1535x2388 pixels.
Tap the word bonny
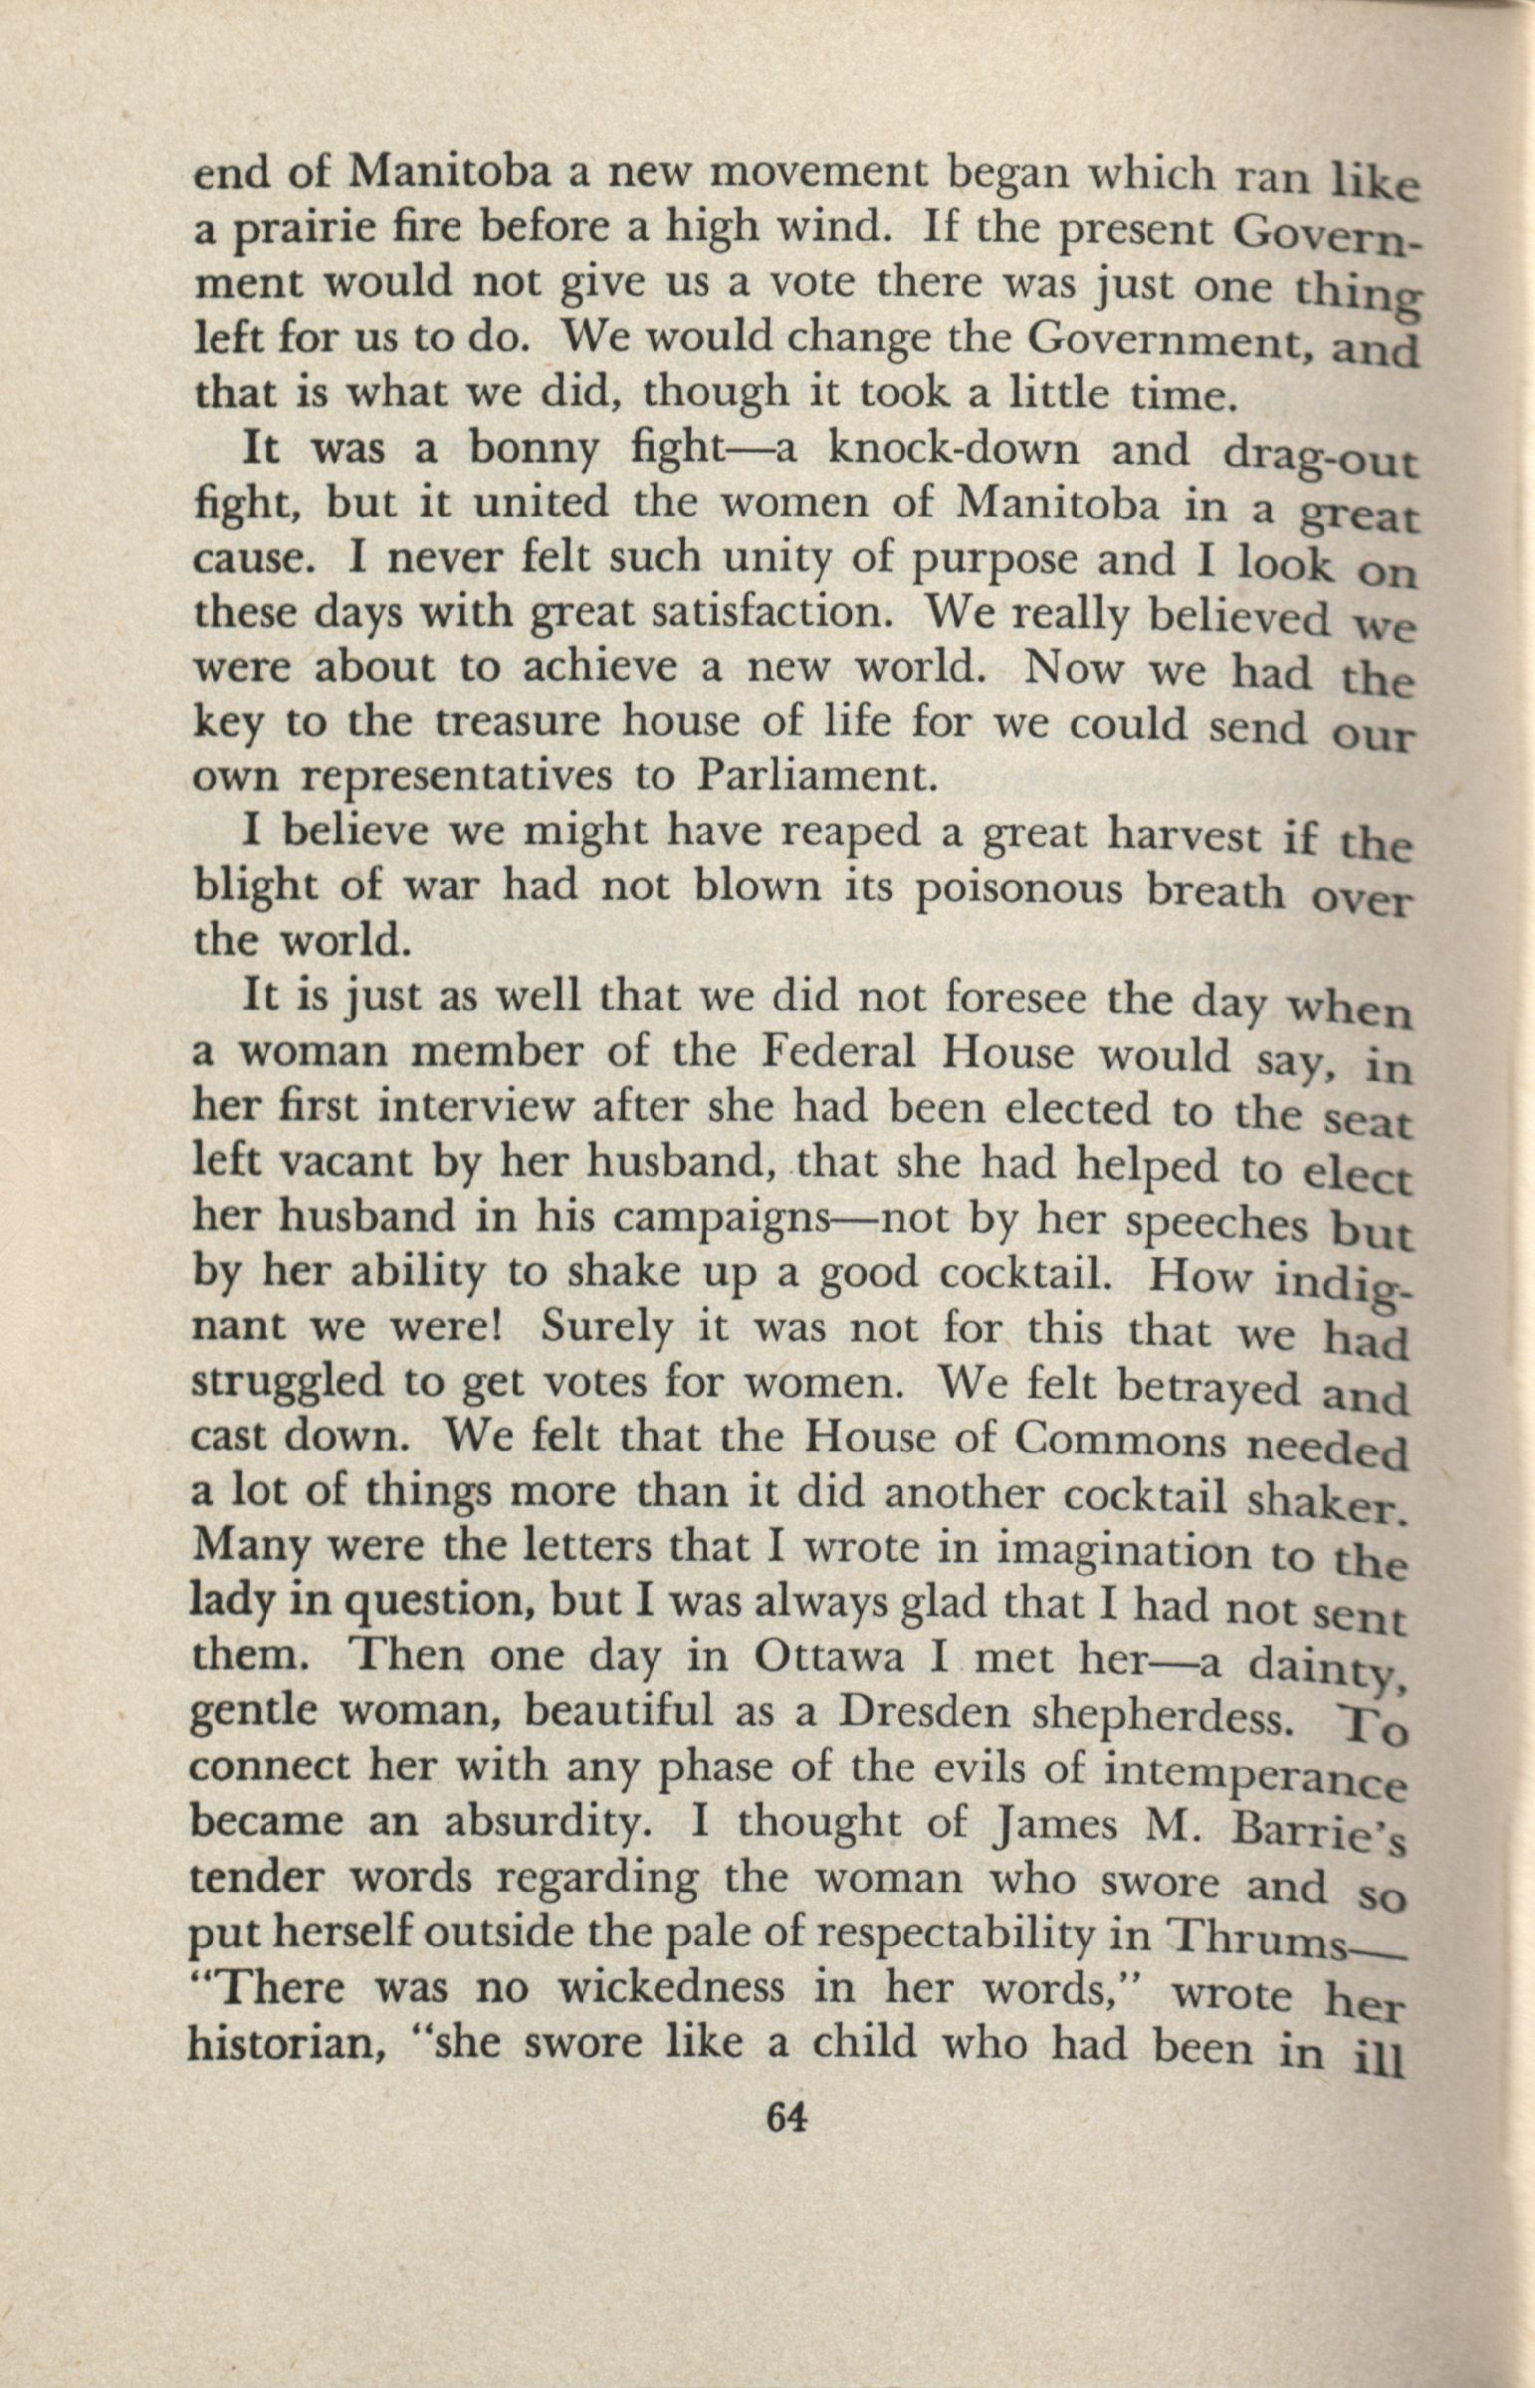point(535,451)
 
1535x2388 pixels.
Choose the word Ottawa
point(829,1655)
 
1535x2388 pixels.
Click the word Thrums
point(1257,1936)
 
